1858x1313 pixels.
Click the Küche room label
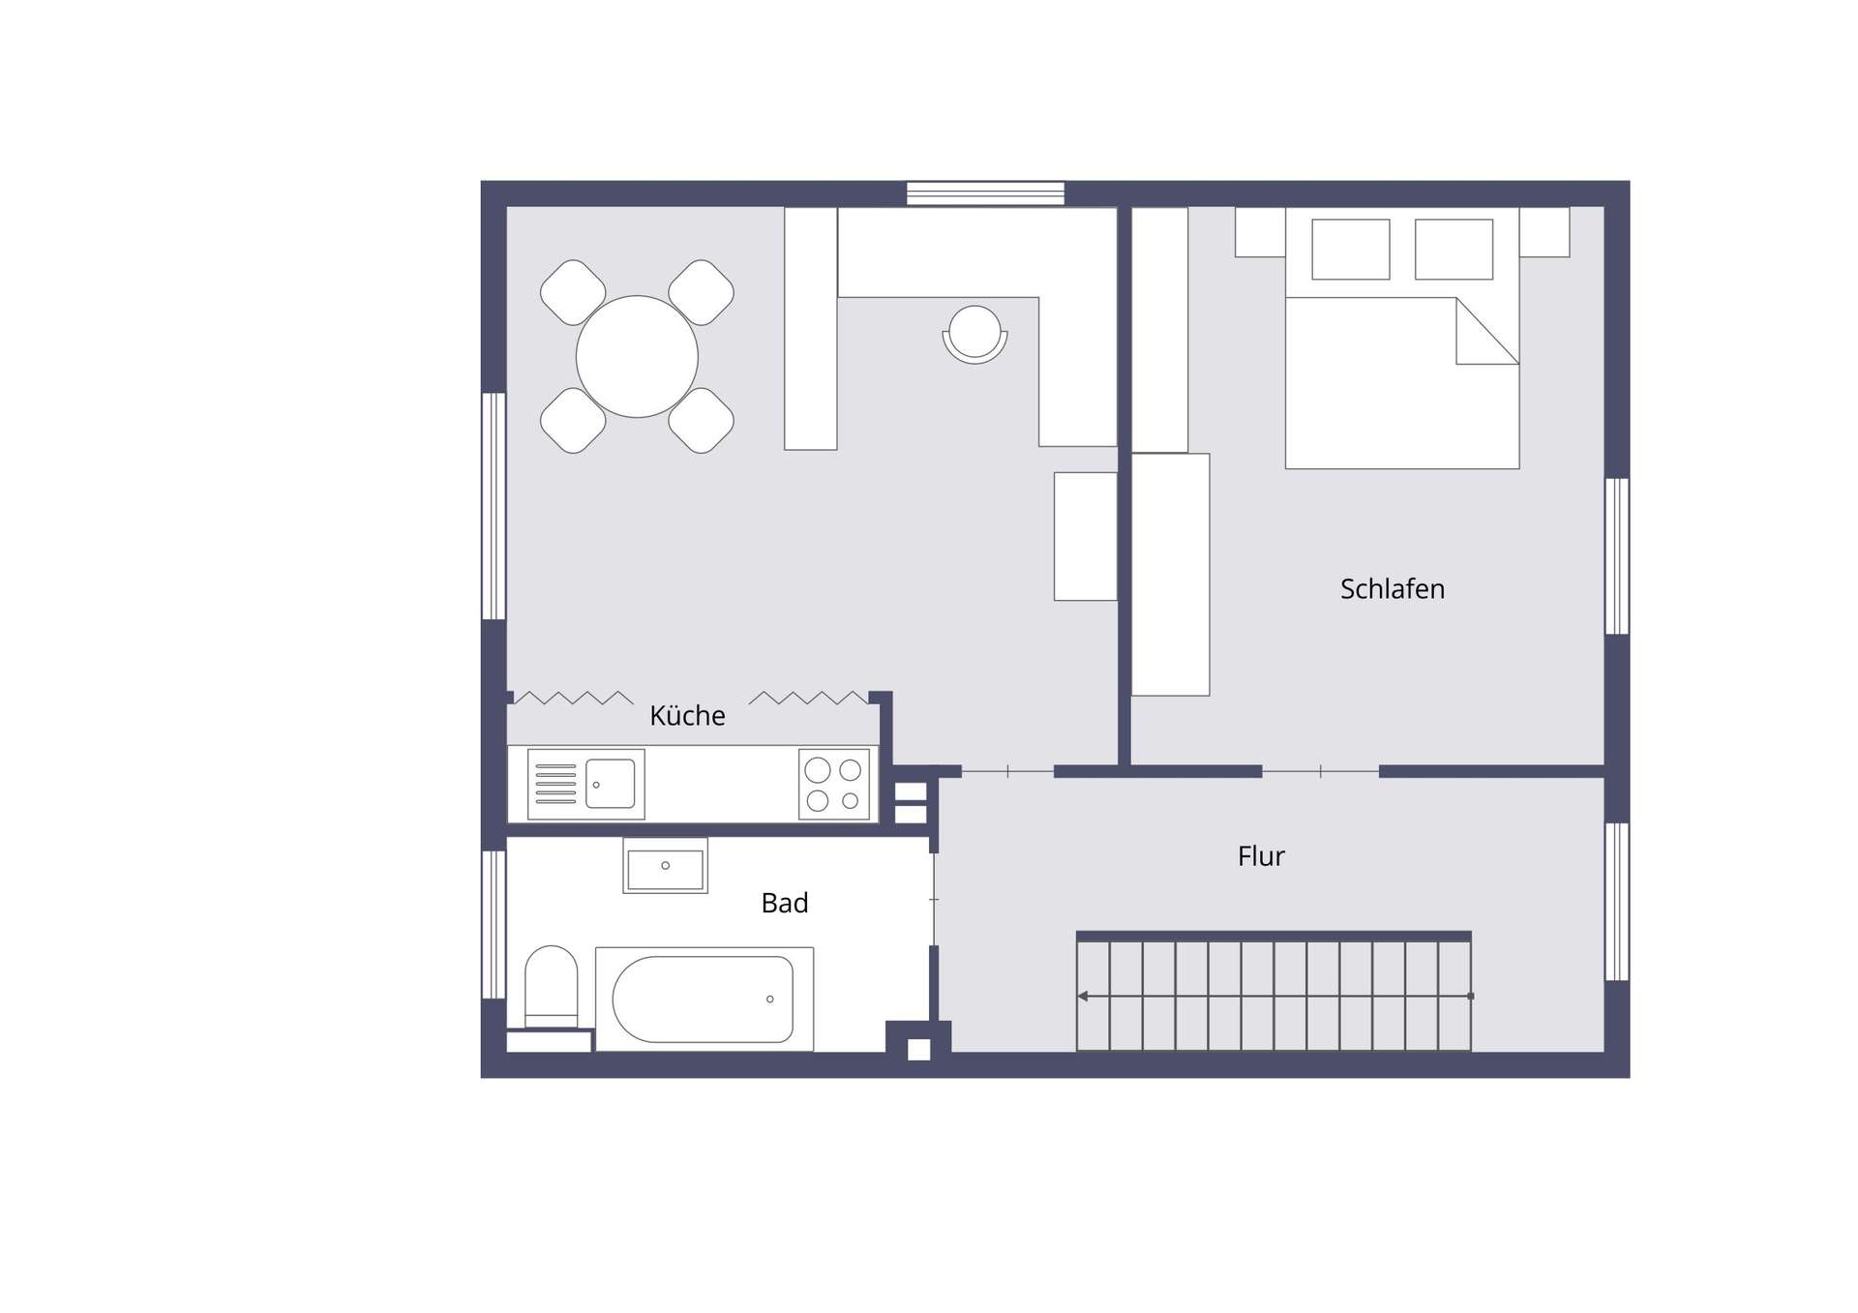(x=687, y=716)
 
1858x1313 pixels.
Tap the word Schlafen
(x=1392, y=589)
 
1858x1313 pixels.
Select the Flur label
(x=1261, y=856)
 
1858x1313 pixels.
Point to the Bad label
(x=785, y=903)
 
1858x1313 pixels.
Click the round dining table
(x=637, y=356)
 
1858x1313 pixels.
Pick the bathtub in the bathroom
(x=704, y=1000)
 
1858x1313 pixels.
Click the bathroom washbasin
(x=665, y=866)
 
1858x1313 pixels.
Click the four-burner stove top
(x=834, y=784)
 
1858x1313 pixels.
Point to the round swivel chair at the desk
(x=974, y=334)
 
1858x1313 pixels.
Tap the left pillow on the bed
(x=1351, y=250)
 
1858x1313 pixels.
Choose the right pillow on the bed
(x=1453, y=250)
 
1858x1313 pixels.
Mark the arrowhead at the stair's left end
(x=1082, y=996)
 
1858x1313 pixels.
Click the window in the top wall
(x=985, y=194)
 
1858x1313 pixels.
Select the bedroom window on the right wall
(x=1617, y=556)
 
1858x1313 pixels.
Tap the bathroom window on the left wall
(x=494, y=924)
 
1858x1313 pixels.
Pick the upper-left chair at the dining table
(x=573, y=292)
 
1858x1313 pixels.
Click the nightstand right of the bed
(x=1544, y=232)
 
